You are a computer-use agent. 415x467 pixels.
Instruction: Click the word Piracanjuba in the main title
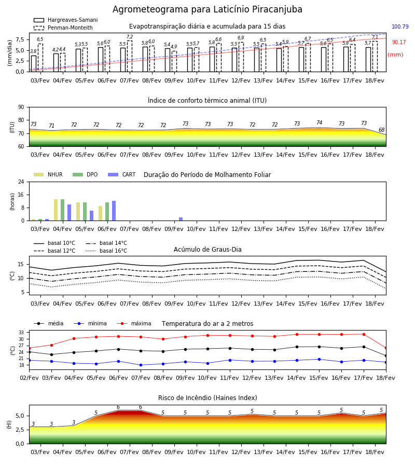pyautogui.click(x=277, y=9)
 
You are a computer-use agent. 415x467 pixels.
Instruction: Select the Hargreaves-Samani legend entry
pyautogui.click(x=65, y=20)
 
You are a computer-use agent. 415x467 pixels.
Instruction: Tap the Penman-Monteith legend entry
pyautogui.click(x=63, y=28)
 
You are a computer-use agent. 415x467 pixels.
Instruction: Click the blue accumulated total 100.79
pyautogui.click(x=400, y=26)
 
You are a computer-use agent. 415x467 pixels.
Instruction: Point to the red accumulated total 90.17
pyautogui.click(x=399, y=43)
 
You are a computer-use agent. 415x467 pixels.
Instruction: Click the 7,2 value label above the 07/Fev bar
pyautogui.click(x=130, y=37)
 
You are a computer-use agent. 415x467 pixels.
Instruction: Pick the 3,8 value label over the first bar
pyautogui.click(x=33, y=51)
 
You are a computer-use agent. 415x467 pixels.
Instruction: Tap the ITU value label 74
pyautogui.click(x=319, y=122)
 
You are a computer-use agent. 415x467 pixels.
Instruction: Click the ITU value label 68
pyautogui.click(x=381, y=130)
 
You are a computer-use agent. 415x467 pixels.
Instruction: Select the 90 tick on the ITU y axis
pyautogui.click(x=21, y=107)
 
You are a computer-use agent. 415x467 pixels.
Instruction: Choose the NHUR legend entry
pyautogui.click(x=48, y=174)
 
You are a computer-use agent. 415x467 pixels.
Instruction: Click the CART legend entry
pyautogui.click(x=122, y=174)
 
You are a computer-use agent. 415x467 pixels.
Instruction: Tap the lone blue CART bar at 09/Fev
pyautogui.click(x=181, y=219)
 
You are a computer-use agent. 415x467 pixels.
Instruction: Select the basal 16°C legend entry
pyautogui.click(x=106, y=251)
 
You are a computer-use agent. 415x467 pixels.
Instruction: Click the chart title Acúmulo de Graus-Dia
pyautogui.click(x=208, y=249)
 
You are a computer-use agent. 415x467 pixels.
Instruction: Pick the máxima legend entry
pyautogui.click(x=134, y=323)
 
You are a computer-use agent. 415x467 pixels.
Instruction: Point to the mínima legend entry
pyautogui.click(x=90, y=323)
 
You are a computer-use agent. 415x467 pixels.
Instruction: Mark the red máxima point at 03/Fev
pyautogui.click(x=51, y=345)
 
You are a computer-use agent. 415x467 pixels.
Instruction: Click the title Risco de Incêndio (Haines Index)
pyautogui.click(x=208, y=398)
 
